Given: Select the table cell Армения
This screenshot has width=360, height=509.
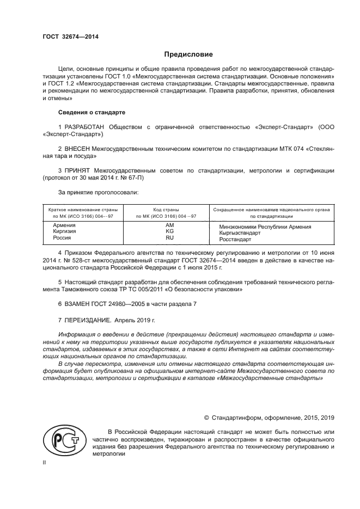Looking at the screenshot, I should (61, 225).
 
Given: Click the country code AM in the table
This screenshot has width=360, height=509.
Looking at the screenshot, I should (169, 225).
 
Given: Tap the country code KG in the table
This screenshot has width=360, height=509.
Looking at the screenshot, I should (169, 231).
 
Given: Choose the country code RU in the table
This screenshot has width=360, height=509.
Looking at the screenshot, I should (169, 238).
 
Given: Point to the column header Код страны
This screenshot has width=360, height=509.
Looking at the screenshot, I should (169, 210).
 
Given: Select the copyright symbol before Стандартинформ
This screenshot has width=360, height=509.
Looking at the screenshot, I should (207, 417).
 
